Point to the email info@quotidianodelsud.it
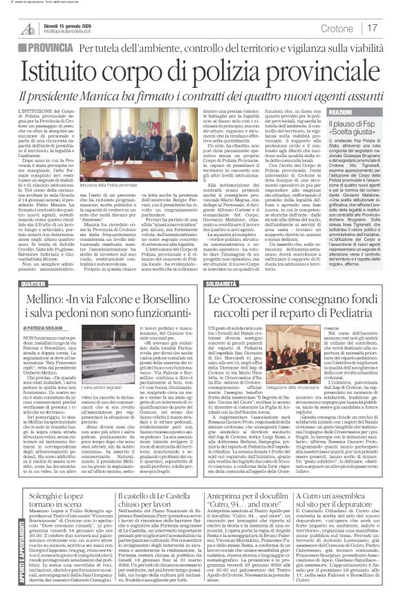[x=68, y=31]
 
